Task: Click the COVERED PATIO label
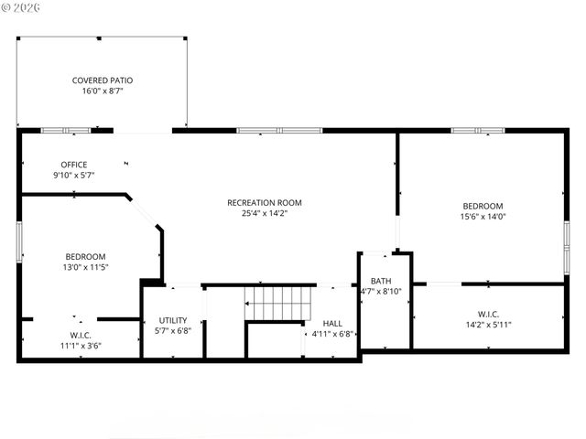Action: tap(102, 80)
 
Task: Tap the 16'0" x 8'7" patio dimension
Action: tap(102, 91)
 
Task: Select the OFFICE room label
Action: tap(74, 165)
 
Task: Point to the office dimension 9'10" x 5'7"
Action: tap(74, 176)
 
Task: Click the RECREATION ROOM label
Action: tap(265, 202)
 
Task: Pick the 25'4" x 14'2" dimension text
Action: tap(265, 214)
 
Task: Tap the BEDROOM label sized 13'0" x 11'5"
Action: tap(85, 256)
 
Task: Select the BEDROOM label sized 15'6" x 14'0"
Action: tap(482, 206)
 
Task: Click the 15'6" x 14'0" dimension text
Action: tap(482, 218)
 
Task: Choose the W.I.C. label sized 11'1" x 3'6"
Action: tap(81, 335)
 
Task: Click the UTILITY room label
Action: tap(172, 320)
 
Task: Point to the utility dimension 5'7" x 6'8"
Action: tap(172, 331)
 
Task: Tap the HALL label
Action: tap(332, 323)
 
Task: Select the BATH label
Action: tap(382, 281)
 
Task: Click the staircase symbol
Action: tap(278, 301)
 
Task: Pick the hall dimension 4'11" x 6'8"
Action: tap(332, 334)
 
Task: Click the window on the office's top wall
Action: tap(66, 131)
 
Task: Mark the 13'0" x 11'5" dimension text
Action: tap(85, 267)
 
